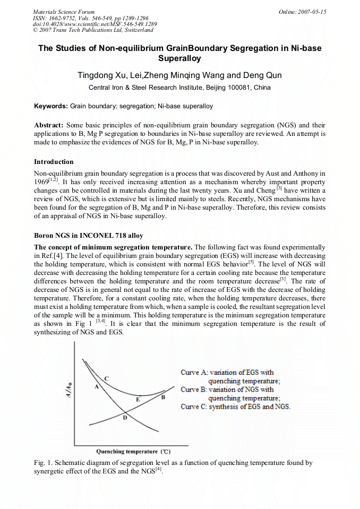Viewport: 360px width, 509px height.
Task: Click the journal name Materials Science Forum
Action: tap(64, 11)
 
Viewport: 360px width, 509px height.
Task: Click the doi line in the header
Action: tap(95, 24)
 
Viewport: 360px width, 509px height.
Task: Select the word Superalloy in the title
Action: tap(179, 59)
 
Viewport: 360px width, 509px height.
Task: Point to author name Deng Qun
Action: tap(264, 75)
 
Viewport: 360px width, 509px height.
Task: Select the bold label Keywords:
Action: tap(51, 106)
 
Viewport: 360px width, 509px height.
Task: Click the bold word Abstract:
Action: tap(49, 125)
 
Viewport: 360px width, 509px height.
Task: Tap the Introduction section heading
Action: tap(54, 161)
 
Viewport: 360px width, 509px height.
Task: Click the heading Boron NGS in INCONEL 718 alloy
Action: tap(89, 235)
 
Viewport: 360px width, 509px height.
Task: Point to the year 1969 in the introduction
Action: tap(42, 182)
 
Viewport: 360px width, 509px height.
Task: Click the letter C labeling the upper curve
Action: tap(106, 378)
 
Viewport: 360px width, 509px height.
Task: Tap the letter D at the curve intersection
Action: tap(125, 418)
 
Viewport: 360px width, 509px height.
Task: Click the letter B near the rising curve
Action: tap(163, 397)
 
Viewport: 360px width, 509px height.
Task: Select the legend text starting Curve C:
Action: tap(235, 407)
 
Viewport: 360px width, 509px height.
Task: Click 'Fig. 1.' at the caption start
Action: tap(43, 463)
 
